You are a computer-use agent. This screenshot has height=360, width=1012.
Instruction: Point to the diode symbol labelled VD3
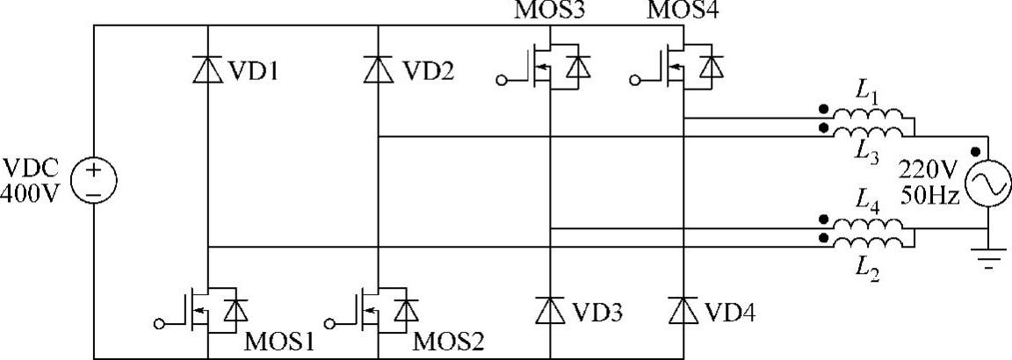[550, 308]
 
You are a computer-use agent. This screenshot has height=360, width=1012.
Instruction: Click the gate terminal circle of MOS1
[159, 323]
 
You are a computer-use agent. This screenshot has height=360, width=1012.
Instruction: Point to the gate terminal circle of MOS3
[502, 82]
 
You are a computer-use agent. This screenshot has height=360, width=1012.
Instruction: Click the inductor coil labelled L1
[869, 117]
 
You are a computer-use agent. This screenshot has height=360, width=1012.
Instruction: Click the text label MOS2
[448, 341]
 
